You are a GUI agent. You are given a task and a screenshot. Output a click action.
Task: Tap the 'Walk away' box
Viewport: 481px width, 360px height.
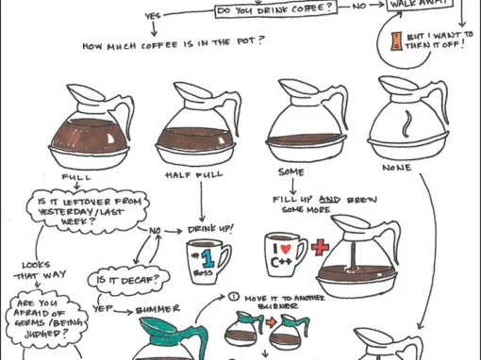(420, 6)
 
